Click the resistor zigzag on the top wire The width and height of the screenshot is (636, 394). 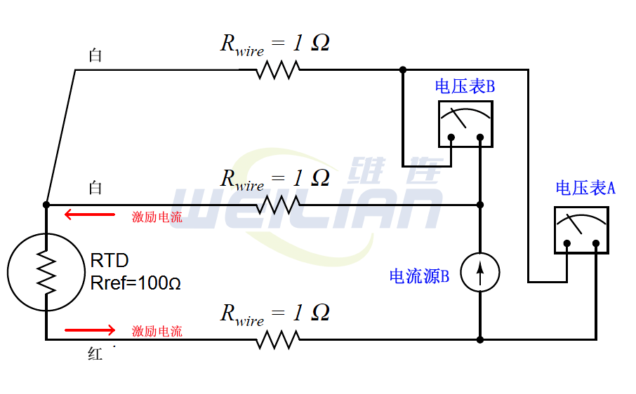(278, 69)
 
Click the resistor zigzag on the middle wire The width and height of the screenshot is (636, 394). (278, 205)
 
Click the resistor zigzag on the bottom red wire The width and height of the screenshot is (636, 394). (278, 340)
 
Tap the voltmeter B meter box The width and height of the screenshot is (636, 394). (465, 123)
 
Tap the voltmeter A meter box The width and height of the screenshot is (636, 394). (581, 230)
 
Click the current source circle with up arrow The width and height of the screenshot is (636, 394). (480, 272)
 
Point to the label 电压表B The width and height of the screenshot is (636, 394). (465, 87)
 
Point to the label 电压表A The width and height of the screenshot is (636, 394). (585, 188)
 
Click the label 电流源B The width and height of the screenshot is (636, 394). (419, 276)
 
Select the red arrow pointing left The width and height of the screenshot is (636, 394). (89, 215)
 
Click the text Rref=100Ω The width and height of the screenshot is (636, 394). (135, 283)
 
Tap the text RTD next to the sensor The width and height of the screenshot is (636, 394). (110, 261)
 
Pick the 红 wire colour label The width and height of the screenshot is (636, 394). (95, 355)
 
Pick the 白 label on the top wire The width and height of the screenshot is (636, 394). (95, 55)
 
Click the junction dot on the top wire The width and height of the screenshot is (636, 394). (402, 69)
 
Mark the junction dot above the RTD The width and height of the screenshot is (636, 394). (46, 205)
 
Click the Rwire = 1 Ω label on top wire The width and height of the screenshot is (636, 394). (274, 44)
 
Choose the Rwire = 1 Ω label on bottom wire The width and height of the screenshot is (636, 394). (274, 313)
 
